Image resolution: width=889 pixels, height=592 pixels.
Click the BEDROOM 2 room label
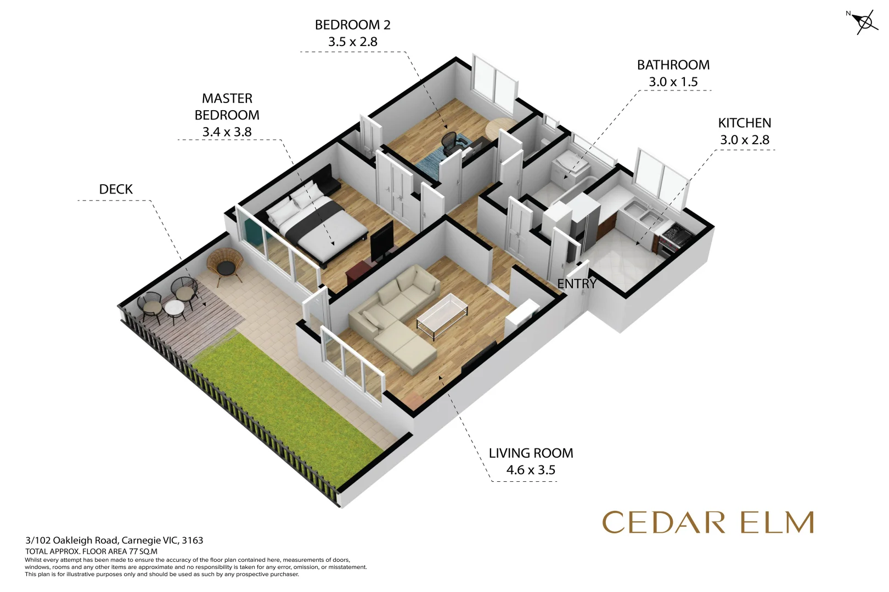pyautogui.click(x=352, y=25)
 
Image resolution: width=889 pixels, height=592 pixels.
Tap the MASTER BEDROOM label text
pyautogui.click(x=227, y=107)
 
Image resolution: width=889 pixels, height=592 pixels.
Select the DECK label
pyautogui.click(x=116, y=190)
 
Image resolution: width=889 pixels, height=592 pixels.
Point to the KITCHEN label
pyautogui.click(x=744, y=123)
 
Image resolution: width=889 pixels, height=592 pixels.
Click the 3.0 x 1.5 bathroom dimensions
pyautogui.click(x=673, y=82)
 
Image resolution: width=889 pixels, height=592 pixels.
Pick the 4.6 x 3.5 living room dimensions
pyautogui.click(x=530, y=470)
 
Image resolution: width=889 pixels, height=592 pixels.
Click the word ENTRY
pyautogui.click(x=576, y=284)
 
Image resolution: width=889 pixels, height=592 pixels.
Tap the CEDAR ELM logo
pyautogui.click(x=707, y=522)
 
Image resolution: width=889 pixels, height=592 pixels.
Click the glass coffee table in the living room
pyautogui.click(x=442, y=312)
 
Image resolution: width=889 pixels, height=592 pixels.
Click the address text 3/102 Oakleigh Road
pyautogui.click(x=114, y=540)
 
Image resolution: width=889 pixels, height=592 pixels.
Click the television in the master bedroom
pyautogui.click(x=381, y=241)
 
